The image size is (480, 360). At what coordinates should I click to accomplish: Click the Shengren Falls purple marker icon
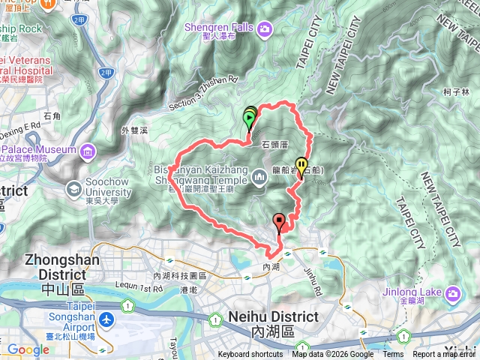click(265, 30)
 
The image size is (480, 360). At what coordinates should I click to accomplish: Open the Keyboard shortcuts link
click(250, 355)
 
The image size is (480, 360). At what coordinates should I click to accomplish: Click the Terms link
click(393, 355)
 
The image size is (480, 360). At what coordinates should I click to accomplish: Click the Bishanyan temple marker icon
click(259, 177)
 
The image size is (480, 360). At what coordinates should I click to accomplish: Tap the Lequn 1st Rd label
click(139, 287)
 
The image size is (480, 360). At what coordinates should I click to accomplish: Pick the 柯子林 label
click(455, 92)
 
